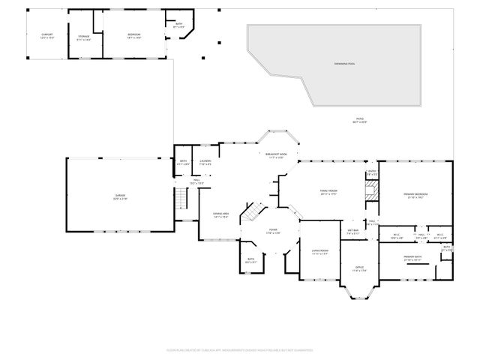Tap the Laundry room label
(205, 162)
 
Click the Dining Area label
(220, 215)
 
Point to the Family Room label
(328, 192)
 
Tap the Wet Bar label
(353, 232)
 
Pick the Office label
(358, 268)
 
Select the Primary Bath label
(413, 258)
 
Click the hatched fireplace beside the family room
(370, 189)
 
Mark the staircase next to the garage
(180, 199)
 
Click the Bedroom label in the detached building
(133, 36)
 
